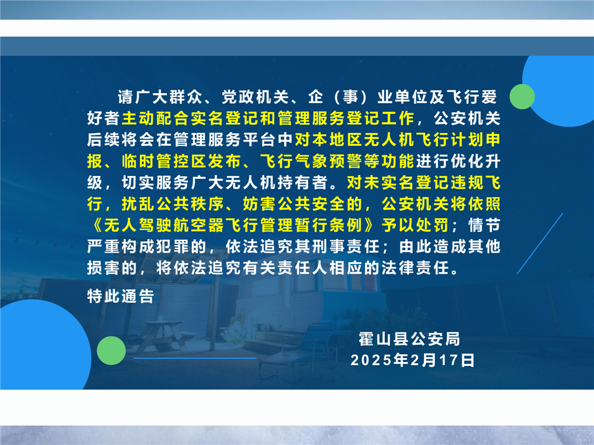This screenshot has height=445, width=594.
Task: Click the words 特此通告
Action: tap(121, 296)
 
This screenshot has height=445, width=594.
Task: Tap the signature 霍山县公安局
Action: tap(410, 339)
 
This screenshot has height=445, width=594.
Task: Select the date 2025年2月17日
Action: tap(413, 360)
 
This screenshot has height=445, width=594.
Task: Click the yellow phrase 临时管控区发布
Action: tap(181, 161)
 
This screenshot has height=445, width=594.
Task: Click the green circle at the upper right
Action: tap(522, 96)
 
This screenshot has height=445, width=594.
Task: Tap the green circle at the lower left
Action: tap(111, 350)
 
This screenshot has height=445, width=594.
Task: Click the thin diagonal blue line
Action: tap(540, 244)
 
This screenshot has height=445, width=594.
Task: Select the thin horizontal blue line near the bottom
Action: tap(195, 358)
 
